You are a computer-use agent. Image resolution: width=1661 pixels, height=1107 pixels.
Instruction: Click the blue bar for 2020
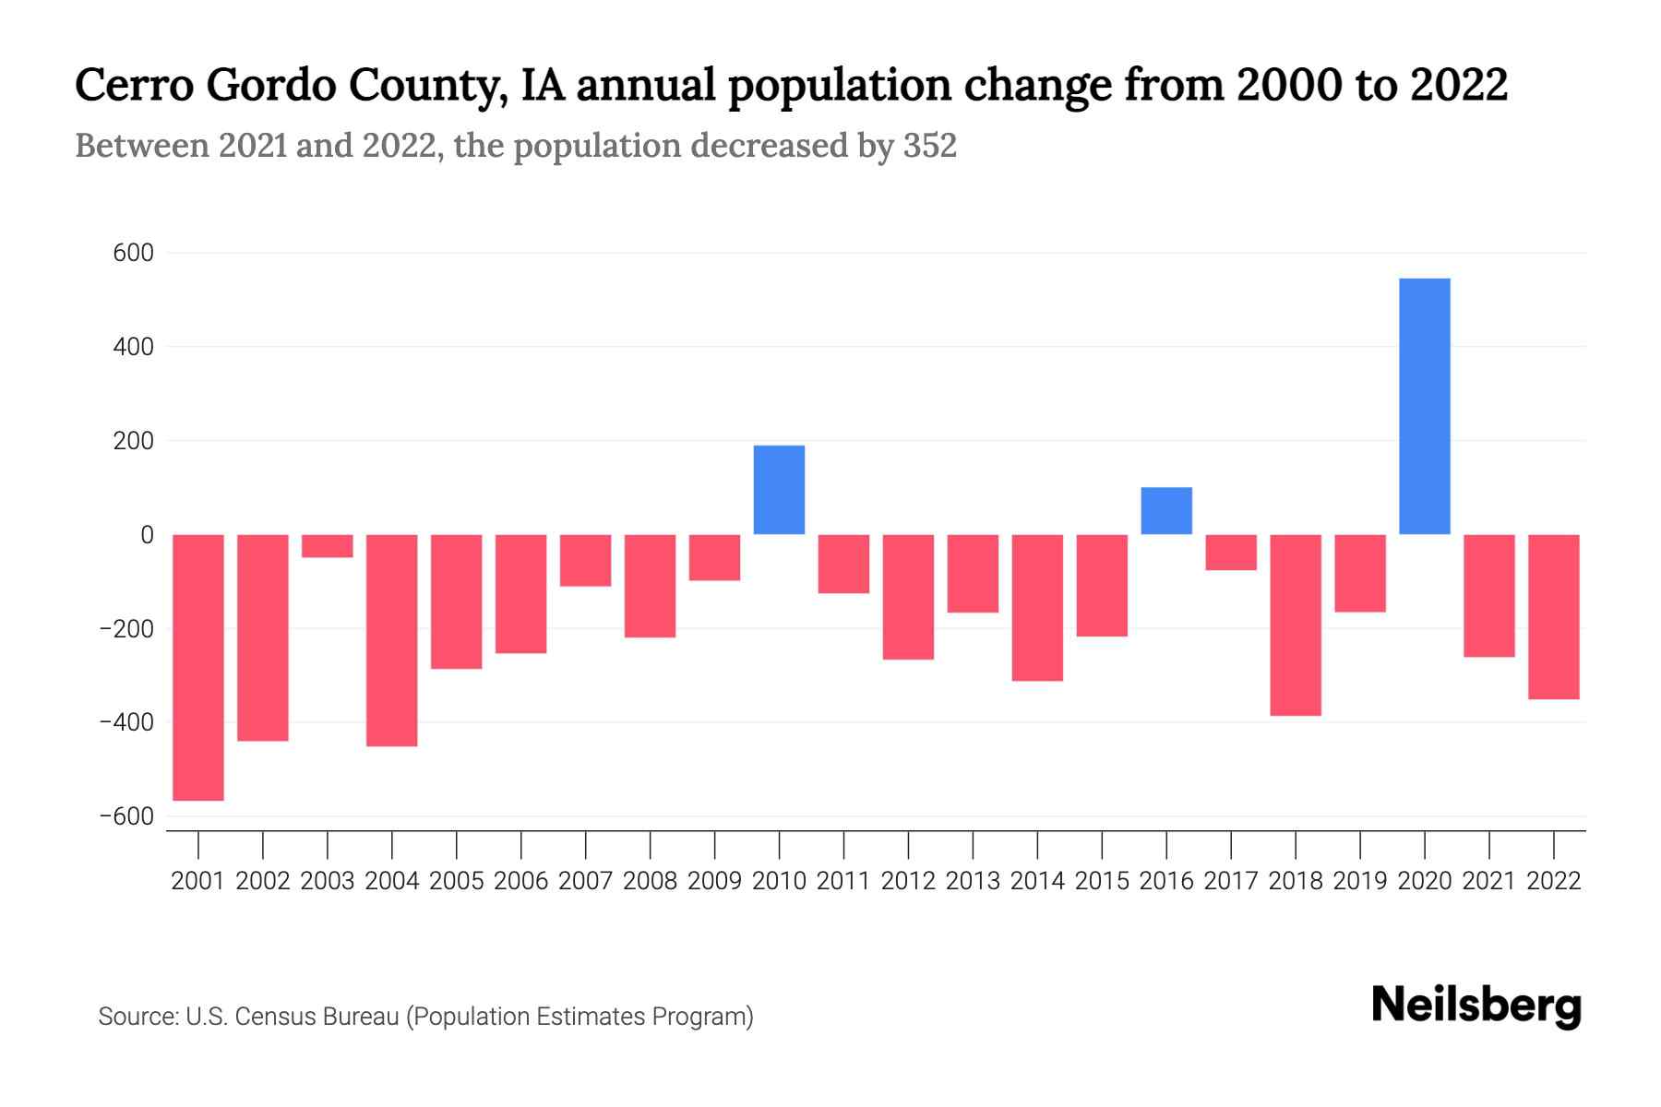click(1424, 406)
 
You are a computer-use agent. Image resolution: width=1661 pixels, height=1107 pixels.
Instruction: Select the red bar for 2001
click(198, 667)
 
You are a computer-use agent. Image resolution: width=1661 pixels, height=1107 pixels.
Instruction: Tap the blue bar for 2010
click(779, 490)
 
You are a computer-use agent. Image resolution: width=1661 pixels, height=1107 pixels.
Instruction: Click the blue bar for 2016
click(1166, 511)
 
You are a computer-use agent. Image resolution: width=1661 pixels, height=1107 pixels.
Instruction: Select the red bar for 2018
click(1295, 625)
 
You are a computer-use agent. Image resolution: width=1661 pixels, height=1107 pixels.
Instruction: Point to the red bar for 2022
click(1553, 616)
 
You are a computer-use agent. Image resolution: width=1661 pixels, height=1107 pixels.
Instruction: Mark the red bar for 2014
click(1037, 607)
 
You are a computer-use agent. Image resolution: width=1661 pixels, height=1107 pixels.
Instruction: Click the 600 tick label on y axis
click(133, 253)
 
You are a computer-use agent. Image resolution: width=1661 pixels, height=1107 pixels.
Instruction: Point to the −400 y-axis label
click(126, 722)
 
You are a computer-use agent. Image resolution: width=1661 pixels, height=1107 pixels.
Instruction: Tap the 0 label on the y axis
click(147, 535)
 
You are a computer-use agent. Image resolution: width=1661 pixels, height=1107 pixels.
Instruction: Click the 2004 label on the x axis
click(392, 881)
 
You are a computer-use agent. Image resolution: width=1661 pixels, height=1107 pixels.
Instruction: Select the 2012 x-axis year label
click(908, 881)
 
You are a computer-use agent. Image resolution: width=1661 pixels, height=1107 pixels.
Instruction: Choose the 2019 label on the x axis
click(1359, 881)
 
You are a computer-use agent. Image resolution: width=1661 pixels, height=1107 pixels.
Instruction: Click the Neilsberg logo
click(1476, 1006)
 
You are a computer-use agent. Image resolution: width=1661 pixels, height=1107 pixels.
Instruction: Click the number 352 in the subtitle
click(930, 146)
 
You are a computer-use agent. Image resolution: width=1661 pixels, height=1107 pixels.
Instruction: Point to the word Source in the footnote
click(137, 1017)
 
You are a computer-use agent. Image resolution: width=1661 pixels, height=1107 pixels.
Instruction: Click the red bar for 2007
click(585, 560)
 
